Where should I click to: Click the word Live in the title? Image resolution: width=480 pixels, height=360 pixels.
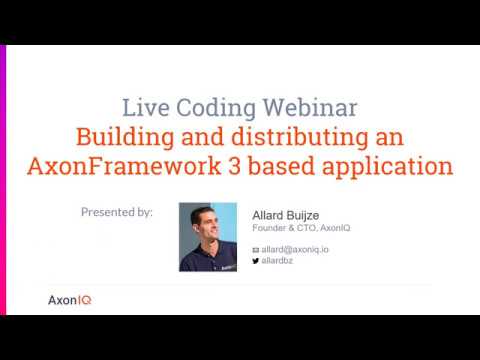(142, 107)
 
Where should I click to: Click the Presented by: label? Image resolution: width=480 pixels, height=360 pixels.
(117, 212)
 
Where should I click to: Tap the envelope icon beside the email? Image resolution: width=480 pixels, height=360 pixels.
(255, 249)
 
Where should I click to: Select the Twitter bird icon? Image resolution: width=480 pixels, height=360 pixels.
(255, 260)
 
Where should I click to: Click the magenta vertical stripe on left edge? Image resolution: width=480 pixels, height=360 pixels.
(3, 180)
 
